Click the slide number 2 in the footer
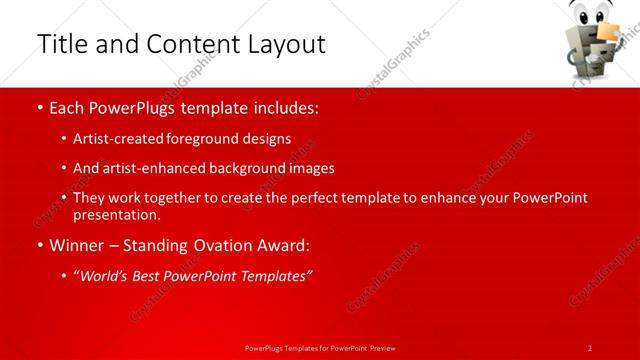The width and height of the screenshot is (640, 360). click(589, 348)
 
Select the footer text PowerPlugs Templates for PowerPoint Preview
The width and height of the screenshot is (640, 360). click(320, 348)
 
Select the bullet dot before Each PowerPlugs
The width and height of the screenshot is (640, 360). click(39, 108)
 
